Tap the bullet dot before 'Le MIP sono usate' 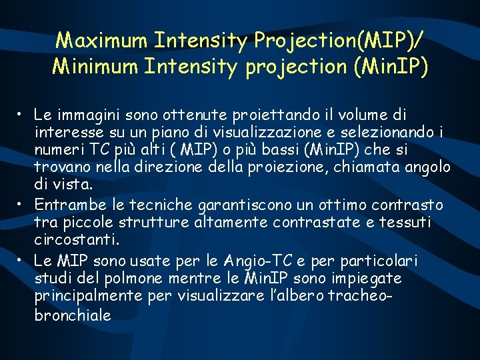(22, 259)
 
